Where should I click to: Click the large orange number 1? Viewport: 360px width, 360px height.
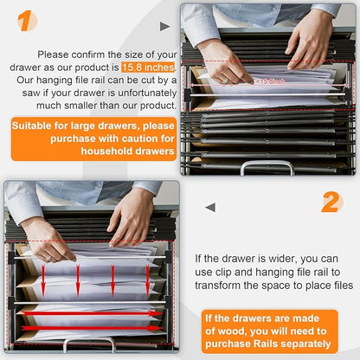pos(28,21)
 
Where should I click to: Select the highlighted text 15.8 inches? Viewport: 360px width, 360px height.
pos(148,67)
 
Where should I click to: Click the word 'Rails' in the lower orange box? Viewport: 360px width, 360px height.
pos(261,344)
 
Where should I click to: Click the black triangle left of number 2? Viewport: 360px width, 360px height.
pos(209,207)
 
